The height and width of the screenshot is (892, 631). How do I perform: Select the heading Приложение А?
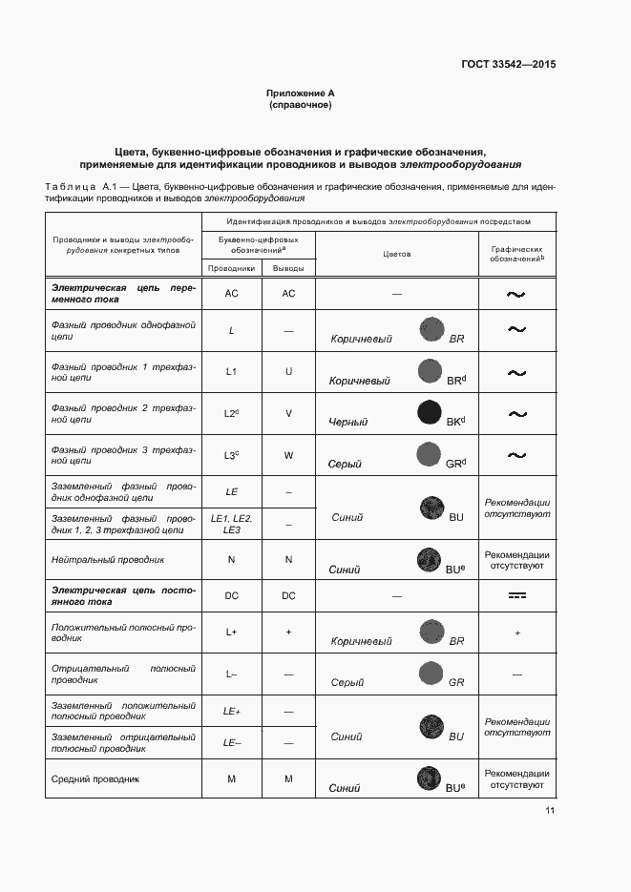pyautogui.click(x=301, y=93)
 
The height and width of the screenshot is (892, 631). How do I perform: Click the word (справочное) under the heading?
pyautogui.click(x=301, y=105)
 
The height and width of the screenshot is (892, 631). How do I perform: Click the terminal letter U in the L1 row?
pyautogui.click(x=288, y=370)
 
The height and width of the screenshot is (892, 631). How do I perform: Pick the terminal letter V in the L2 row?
pyautogui.click(x=288, y=413)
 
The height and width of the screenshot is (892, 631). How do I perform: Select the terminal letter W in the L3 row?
pyautogui.click(x=288, y=456)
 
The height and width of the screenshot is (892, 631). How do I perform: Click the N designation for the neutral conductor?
pyautogui.click(x=231, y=559)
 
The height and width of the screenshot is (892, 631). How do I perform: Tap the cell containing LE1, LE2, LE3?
pyautogui.click(x=231, y=523)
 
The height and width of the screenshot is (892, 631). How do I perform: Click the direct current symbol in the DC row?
pyautogui.click(x=517, y=595)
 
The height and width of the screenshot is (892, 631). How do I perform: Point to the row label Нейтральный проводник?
pyautogui.click(x=108, y=559)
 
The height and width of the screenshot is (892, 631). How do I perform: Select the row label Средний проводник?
pyautogui.click(x=95, y=779)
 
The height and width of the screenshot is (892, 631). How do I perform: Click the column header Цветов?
pyautogui.click(x=396, y=255)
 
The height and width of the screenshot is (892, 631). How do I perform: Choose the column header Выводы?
pyautogui.click(x=288, y=268)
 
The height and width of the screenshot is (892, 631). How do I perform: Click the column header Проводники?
pyautogui.click(x=231, y=268)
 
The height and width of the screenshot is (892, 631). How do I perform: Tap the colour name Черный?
pyautogui.click(x=347, y=422)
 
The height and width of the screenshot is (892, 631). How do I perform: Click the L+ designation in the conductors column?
pyautogui.click(x=231, y=632)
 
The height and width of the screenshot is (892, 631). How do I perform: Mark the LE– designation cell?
pyautogui.click(x=231, y=742)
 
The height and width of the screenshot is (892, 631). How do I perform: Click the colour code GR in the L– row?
pyautogui.click(x=456, y=683)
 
